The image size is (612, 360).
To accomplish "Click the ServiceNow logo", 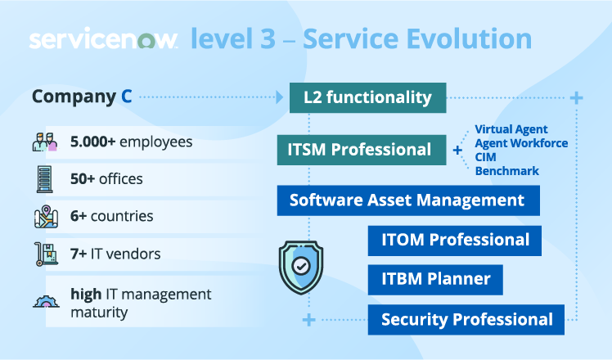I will (x=103, y=40).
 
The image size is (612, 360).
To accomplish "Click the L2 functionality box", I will (x=368, y=97).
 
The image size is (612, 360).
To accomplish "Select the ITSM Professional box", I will (x=359, y=149).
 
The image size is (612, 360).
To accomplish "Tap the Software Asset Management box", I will (x=407, y=200).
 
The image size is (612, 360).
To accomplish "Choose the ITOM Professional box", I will (x=454, y=240).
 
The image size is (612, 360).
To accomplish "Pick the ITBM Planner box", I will (x=435, y=279).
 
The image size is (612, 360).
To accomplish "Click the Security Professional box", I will (x=466, y=319).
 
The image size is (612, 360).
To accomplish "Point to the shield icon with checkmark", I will (x=301, y=266).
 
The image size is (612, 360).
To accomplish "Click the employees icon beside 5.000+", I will (x=45, y=142).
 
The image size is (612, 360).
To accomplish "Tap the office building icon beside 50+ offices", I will (x=45, y=178).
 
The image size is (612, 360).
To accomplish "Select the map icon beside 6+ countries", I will (x=45, y=217).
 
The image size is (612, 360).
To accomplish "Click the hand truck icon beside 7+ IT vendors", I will (x=45, y=254).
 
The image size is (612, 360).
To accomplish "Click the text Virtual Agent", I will (x=511, y=129).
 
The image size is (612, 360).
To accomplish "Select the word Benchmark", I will (x=506, y=171).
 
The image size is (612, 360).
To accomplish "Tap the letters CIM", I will (x=487, y=157).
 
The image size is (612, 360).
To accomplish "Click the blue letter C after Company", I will (x=127, y=97).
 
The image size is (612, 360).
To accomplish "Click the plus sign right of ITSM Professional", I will (x=457, y=151).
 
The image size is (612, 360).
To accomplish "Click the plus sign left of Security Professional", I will (x=308, y=319).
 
